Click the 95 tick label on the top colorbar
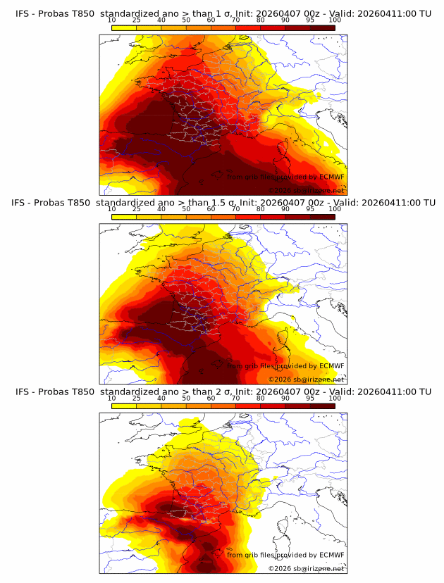(x=310, y=20)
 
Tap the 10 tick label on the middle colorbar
(x=111, y=209)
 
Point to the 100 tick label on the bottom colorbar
(x=335, y=399)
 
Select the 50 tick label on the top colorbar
(x=186, y=20)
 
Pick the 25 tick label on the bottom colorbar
(x=136, y=399)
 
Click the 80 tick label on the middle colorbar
(x=261, y=209)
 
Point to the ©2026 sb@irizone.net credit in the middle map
(x=306, y=379)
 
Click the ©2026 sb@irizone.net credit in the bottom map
(x=306, y=568)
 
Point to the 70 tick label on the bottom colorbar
(x=235, y=399)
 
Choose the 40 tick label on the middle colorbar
(x=161, y=209)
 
